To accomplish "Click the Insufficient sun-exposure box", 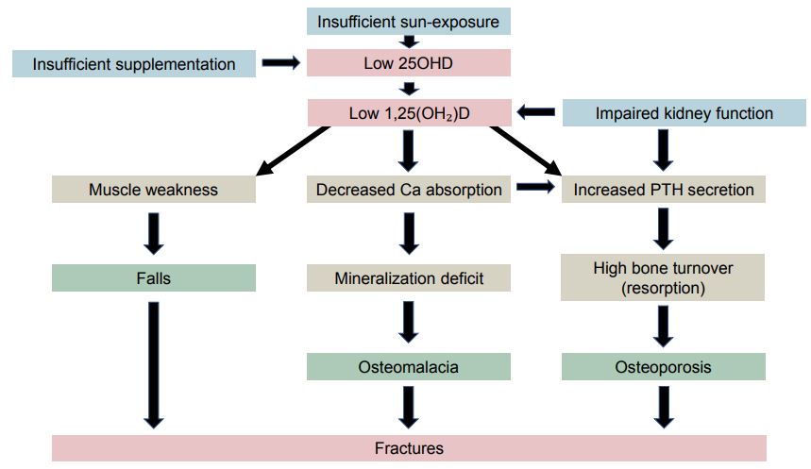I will (x=408, y=21).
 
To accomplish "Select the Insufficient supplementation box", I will (x=133, y=64).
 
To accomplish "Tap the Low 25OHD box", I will (x=408, y=64).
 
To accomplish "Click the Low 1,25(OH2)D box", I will (x=408, y=113).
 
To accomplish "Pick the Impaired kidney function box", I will (x=684, y=113).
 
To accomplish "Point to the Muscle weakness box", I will (x=153, y=190).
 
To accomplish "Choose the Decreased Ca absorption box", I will (x=408, y=190).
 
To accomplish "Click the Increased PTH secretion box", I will (x=664, y=190).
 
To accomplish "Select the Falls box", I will (x=153, y=278).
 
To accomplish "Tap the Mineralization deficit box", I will (x=408, y=278).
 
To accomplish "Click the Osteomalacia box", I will (x=408, y=366).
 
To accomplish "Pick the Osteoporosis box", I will (x=664, y=366).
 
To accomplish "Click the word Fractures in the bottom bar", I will (x=408, y=448).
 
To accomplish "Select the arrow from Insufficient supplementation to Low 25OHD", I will (x=279, y=64).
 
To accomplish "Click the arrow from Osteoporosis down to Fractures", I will (x=664, y=407).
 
